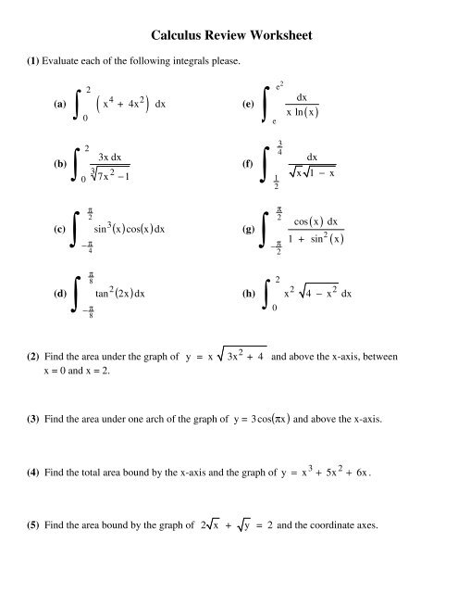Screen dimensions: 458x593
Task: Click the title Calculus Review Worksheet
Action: click(229, 36)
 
